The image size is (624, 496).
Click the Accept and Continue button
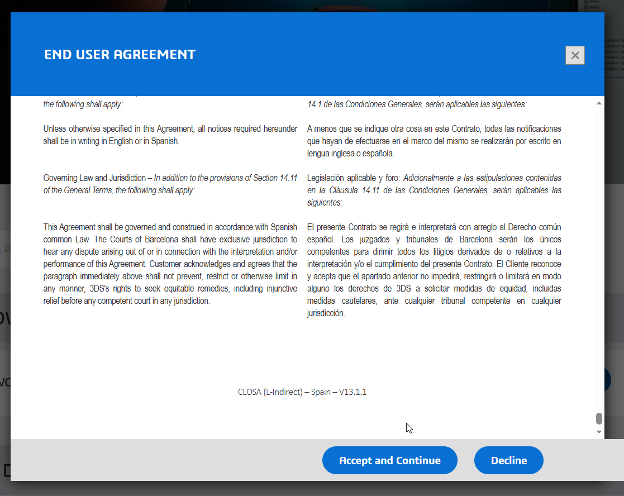(389, 460)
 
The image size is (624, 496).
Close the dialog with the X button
(575, 55)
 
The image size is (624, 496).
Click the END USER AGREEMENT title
(120, 54)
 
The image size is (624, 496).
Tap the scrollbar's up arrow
(599, 104)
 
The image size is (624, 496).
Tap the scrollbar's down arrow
(599, 432)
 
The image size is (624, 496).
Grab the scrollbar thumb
(599, 419)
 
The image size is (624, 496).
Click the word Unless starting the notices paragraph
(55, 128)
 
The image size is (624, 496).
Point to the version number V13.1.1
(353, 392)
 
